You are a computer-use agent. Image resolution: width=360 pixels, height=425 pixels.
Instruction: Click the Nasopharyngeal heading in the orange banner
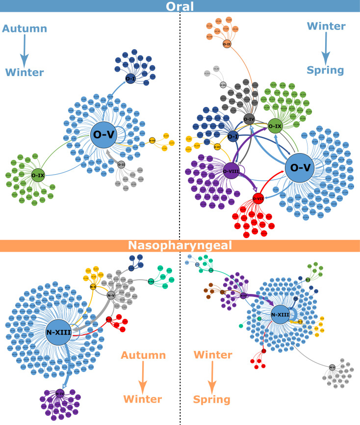tap(180, 245)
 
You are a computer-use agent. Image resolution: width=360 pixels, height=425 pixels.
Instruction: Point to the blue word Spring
tap(325, 69)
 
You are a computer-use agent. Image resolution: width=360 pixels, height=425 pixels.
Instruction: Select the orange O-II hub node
tap(227, 44)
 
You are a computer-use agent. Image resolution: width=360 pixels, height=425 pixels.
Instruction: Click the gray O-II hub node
tap(121, 164)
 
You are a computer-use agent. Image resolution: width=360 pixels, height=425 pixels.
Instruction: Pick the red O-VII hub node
tap(258, 199)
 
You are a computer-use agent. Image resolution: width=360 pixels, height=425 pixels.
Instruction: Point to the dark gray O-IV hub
tap(249, 118)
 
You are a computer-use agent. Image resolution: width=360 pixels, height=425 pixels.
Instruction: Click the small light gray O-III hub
tap(223, 84)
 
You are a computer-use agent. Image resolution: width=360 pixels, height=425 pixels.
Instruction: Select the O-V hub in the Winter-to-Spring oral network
tap(302, 167)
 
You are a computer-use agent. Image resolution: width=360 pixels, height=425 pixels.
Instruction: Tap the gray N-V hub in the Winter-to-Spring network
tap(332, 367)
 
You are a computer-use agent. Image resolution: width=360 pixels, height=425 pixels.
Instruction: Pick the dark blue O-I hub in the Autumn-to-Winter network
tap(130, 79)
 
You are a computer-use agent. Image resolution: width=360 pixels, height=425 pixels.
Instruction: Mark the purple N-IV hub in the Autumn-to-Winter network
tap(60, 393)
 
